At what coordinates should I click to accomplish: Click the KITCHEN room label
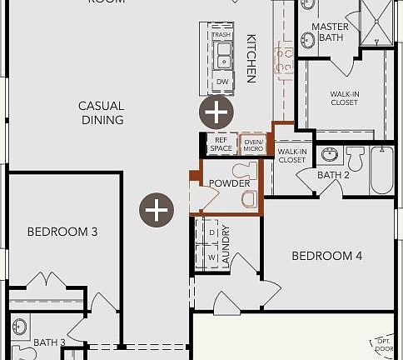click(251, 58)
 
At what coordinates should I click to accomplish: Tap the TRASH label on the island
click(221, 35)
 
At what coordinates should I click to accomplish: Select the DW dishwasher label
click(221, 82)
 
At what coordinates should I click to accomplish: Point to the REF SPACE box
click(221, 144)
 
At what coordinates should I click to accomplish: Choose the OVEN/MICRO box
click(253, 144)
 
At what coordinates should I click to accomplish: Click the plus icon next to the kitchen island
click(216, 111)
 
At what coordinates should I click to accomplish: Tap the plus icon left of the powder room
click(156, 210)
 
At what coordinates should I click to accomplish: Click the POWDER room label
click(229, 183)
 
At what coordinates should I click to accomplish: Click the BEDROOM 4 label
click(326, 256)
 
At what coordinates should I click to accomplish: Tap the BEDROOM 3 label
click(62, 232)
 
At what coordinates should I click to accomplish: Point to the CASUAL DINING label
click(102, 112)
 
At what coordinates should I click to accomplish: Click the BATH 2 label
click(333, 175)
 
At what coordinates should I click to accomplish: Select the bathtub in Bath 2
click(382, 170)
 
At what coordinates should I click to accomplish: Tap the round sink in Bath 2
click(329, 154)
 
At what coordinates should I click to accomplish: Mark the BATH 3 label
click(49, 342)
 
